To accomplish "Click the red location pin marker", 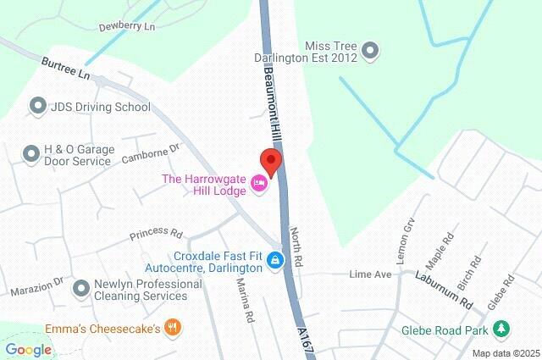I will point(269,160).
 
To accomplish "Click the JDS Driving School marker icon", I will point(36,107).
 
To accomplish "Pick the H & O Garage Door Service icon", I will point(31,153).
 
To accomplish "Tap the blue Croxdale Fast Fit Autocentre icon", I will point(275,260).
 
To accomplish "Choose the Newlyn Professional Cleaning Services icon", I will point(81,289).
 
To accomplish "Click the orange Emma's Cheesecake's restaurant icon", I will point(173,327).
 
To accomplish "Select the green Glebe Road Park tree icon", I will point(501,328).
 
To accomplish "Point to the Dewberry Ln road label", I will point(127,27).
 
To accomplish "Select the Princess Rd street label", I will point(156,233).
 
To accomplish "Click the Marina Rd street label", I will point(246,302).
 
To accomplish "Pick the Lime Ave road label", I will point(371,274).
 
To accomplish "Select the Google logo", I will point(28,349).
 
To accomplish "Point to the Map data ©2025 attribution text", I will point(506,353).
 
